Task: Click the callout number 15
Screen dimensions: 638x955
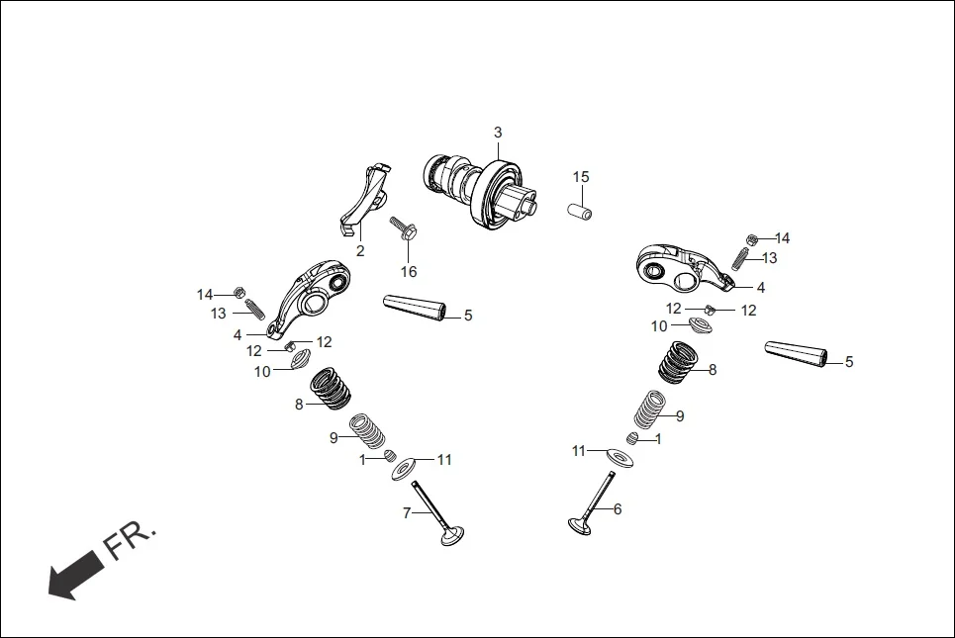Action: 581,177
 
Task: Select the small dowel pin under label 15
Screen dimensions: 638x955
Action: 579,211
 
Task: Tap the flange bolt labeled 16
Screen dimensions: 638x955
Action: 406,229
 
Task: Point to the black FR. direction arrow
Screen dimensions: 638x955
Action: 73,576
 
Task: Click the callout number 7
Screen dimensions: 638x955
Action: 406,512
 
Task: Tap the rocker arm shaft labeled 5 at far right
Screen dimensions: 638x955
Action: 797,354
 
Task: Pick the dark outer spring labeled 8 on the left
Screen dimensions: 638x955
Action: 331,388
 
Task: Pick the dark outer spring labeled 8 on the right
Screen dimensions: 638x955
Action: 682,361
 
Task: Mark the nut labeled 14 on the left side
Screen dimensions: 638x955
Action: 239,293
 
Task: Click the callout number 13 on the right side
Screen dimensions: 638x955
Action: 769,258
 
